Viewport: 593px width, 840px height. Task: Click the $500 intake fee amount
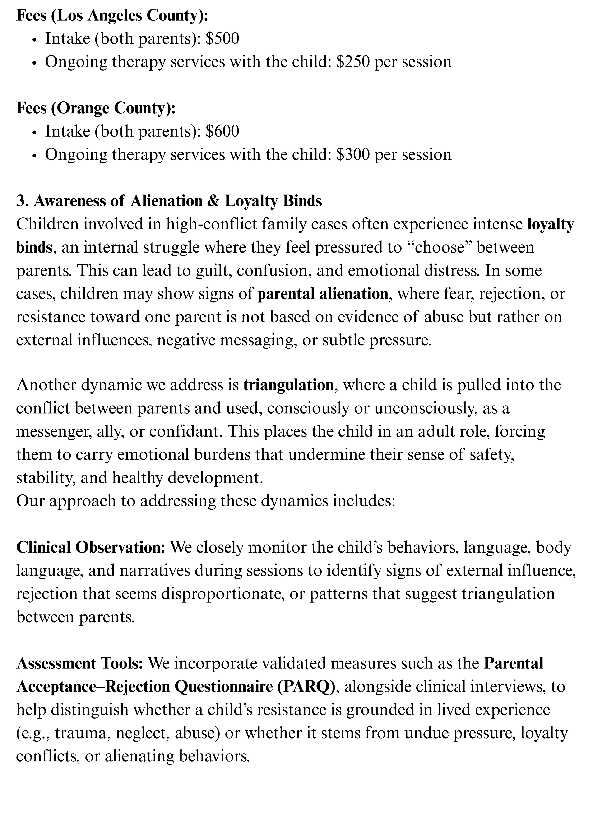[222, 38]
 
